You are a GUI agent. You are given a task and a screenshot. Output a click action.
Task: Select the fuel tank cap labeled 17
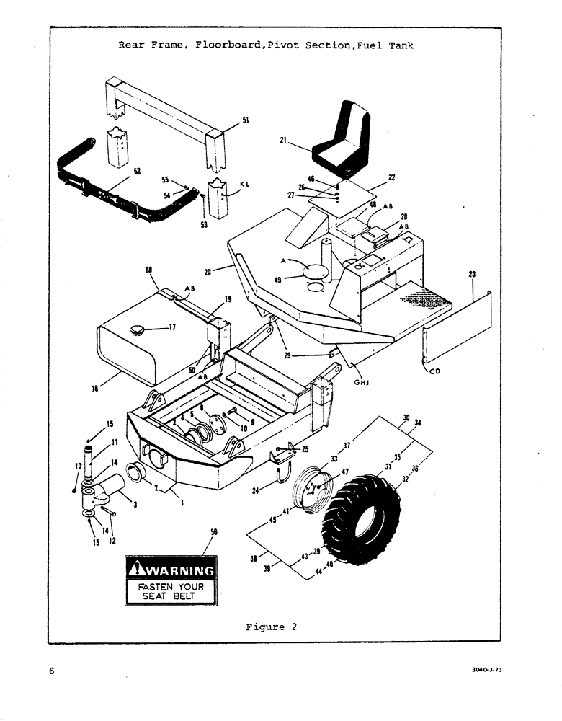click(137, 330)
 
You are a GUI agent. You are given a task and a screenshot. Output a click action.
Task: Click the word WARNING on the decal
click(178, 571)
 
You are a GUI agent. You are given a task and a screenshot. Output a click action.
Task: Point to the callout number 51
click(245, 121)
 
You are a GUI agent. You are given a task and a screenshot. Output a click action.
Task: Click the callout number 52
click(136, 172)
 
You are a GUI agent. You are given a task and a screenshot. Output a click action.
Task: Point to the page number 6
click(52, 671)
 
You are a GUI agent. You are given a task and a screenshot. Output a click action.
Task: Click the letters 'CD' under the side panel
click(434, 372)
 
